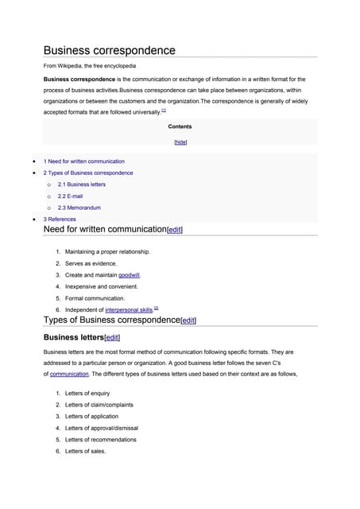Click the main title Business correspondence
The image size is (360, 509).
click(x=109, y=50)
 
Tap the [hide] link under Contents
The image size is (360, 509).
click(x=180, y=142)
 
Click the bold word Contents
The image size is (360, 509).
click(x=180, y=126)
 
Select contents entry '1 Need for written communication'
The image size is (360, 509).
click(x=83, y=161)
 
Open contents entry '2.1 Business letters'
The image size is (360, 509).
click(x=81, y=185)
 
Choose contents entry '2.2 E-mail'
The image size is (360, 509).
click(x=72, y=196)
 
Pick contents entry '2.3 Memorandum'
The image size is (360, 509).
click(x=79, y=208)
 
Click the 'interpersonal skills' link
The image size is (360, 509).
click(x=129, y=309)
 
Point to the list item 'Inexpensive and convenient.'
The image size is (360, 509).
click(x=102, y=286)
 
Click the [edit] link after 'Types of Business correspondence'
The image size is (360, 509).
click(x=188, y=321)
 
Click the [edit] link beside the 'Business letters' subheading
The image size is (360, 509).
click(x=112, y=337)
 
